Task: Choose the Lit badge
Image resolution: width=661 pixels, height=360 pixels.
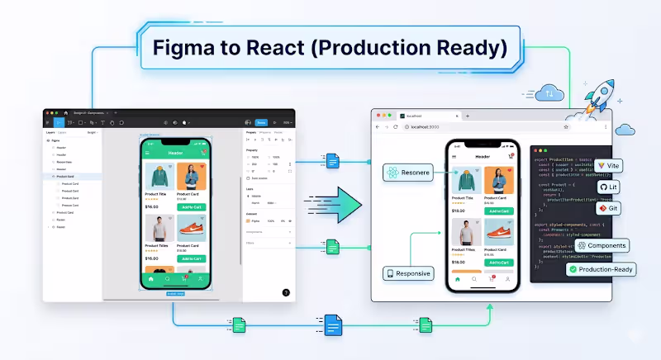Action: click(607, 187)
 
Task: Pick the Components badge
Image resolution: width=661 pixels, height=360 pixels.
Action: click(602, 245)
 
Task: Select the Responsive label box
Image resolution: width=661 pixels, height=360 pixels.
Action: click(408, 273)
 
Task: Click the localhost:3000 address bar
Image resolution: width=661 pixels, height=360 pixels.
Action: click(421, 127)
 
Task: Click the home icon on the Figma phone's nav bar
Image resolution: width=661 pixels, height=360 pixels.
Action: click(150, 279)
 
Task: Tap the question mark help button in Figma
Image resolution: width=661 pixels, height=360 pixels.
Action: click(286, 292)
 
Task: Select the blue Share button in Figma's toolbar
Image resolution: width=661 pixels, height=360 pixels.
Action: click(260, 121)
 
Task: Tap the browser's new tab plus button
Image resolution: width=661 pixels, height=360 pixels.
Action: click(468, 116)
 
